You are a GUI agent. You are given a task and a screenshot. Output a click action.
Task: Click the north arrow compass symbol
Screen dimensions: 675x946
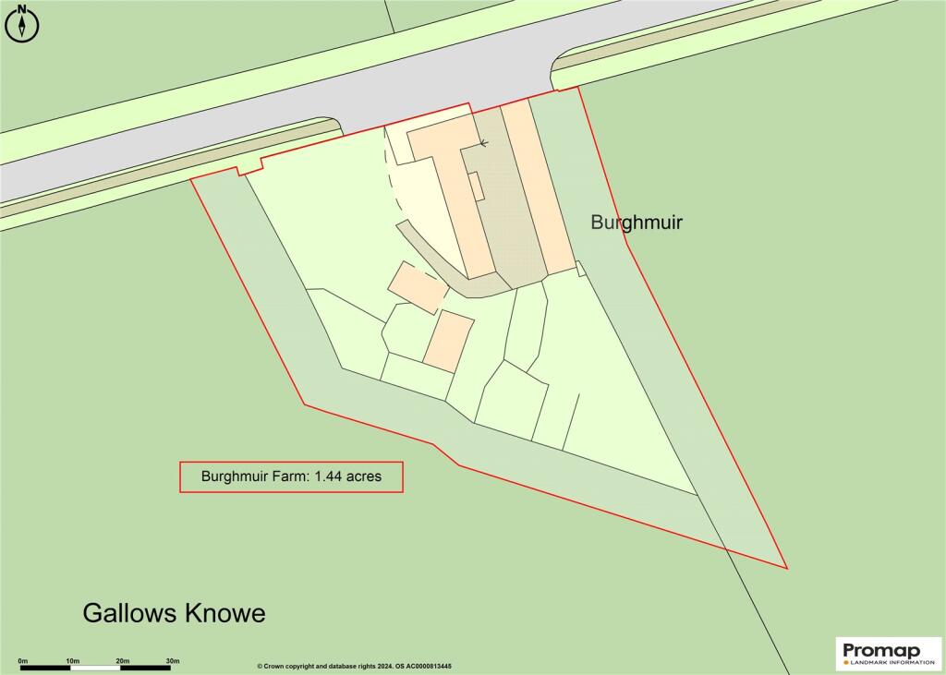23,24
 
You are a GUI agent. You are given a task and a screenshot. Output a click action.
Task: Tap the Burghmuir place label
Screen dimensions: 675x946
637,223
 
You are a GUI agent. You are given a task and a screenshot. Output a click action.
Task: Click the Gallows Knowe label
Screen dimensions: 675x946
174,613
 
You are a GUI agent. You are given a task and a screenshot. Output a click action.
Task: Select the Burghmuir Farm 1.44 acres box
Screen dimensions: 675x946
291,476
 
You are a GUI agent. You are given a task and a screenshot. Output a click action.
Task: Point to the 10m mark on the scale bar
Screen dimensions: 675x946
72,667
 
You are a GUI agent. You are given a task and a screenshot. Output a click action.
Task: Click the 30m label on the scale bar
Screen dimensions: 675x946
172,660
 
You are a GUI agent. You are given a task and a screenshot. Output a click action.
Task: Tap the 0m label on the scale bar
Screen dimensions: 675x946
22,660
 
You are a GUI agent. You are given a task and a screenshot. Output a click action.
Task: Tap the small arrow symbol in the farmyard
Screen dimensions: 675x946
482,142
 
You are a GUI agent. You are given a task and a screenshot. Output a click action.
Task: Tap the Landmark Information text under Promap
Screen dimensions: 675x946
888,661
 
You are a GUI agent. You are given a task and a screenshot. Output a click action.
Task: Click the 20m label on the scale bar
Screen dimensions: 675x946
122,660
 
